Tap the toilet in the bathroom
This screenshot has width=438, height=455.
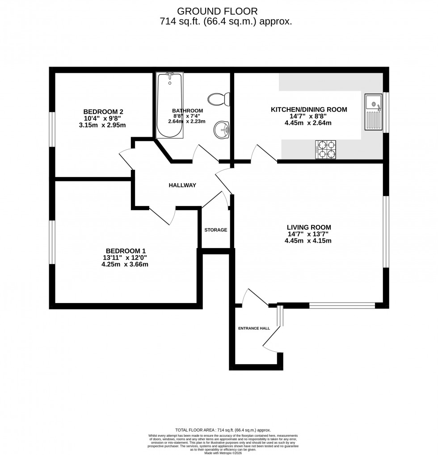coord(219,98)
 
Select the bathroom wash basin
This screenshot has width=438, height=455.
coord(221,130)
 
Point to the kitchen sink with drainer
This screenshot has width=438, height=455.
coord(373,112)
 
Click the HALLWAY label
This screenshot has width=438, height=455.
coord(182,185)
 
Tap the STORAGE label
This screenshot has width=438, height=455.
coord(216,230)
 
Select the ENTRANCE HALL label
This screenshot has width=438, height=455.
coord(254,328)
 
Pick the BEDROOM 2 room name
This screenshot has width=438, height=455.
coord(103,112)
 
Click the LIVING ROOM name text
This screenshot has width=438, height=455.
coord(309,227)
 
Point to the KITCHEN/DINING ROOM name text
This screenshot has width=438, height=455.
coord(309,110)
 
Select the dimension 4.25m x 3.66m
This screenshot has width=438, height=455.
coord(125,264)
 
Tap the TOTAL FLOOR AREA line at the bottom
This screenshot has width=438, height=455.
coord(223,430)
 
